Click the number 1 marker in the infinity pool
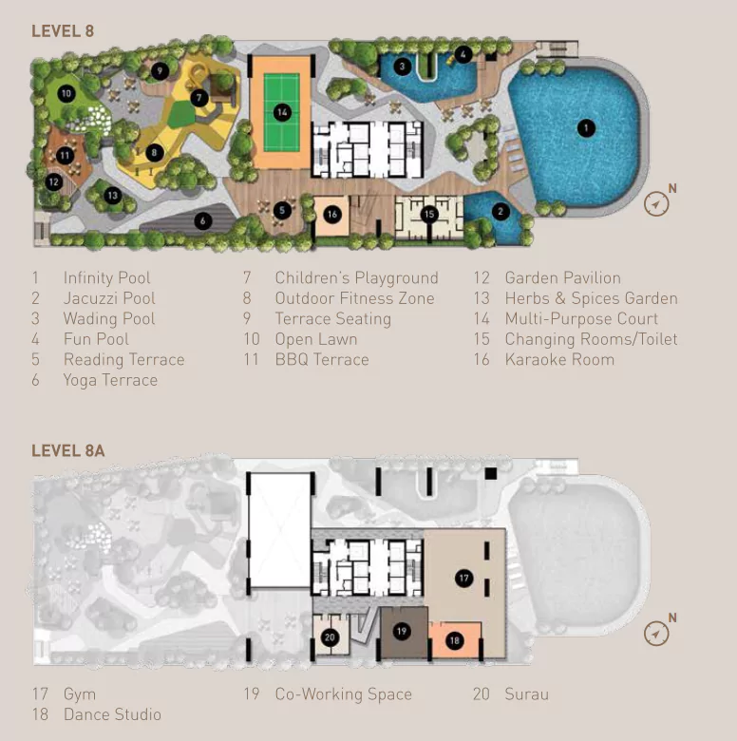tap(586, 128)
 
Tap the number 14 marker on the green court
tap(282, 112)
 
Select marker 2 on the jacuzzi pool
tap(501, 211)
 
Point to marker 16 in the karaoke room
tap(332, 215)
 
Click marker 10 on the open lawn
tap(66, 93)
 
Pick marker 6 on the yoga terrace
tap(202, 220)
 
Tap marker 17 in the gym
tap(463, 578)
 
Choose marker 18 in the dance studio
tap(455, 641)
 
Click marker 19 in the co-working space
tap(402, 632)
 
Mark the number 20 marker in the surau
tap(330, 637)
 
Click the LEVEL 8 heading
tap(63, 31)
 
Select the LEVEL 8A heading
tap(68, 451)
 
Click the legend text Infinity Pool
tap(106, 277)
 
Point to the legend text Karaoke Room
tap(559, 360)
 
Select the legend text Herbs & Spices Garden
tap(592, 298)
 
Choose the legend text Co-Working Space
tap(344, 694)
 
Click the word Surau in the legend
tap(527, 694)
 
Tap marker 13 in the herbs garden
tap(112, 196)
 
